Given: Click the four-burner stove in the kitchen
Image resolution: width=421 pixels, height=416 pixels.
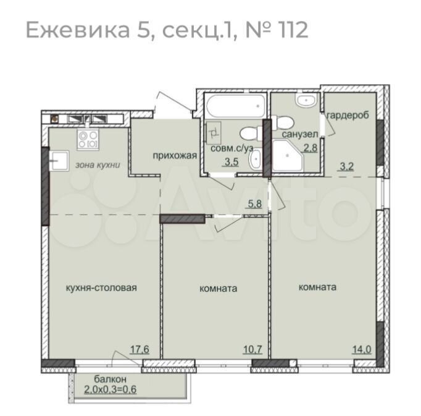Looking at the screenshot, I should click(87, 139).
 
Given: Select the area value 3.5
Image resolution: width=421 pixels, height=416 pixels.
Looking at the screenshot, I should click(231, 163).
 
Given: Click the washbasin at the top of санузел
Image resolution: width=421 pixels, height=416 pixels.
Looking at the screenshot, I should click(306, 101).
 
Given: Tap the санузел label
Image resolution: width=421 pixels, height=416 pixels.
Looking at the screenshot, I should click(300, 134).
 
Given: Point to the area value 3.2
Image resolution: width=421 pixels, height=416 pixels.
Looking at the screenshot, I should click(346, 165).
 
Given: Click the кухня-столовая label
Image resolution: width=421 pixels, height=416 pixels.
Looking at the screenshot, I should click(101, 287).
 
